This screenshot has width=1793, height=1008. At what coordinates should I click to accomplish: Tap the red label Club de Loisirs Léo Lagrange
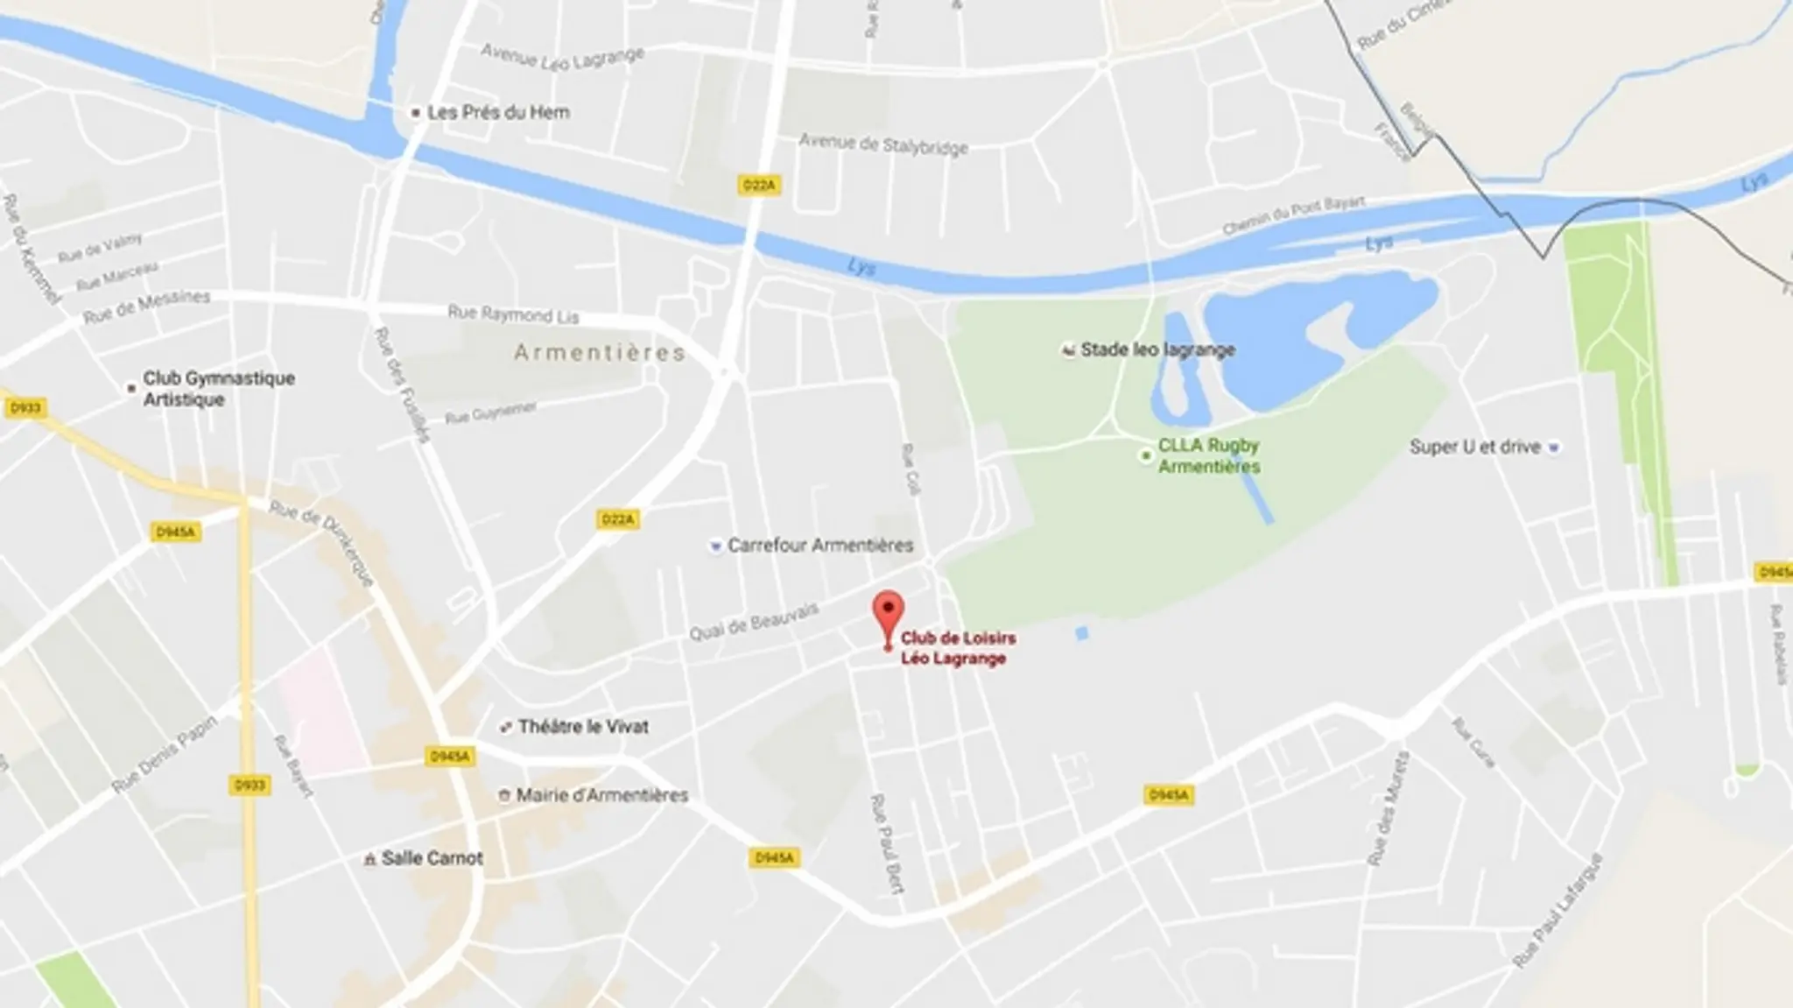coord(957,649)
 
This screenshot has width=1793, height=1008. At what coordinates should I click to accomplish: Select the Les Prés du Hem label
coord(498,112)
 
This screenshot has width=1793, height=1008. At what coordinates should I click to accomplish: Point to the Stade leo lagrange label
coord(1157,350)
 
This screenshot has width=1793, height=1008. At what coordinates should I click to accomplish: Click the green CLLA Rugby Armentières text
coord(1209,455)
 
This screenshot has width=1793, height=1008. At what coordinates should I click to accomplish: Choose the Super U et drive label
coord(1474,447)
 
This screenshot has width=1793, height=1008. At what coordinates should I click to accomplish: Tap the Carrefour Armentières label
coord(820,546)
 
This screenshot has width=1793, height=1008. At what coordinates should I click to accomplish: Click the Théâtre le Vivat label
coord(583,726)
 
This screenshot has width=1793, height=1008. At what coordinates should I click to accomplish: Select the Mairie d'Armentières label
coord(601,795)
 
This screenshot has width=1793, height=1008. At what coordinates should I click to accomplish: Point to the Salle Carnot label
coord(432,858)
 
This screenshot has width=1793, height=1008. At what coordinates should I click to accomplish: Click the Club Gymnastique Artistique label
coord(219,389)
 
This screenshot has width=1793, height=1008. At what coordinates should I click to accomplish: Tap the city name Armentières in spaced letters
coord(599,352)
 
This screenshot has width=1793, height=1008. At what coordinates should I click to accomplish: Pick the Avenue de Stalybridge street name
coord(883,144)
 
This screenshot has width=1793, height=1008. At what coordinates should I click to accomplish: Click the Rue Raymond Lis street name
coord(513,314)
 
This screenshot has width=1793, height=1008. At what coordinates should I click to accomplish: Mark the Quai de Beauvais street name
coord(754,620)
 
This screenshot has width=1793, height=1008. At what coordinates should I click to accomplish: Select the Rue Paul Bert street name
coord(886,843)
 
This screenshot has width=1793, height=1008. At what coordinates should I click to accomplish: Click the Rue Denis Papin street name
coord(164,755)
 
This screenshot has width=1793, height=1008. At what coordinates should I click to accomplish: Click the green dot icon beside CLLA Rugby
coord(1144,456)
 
